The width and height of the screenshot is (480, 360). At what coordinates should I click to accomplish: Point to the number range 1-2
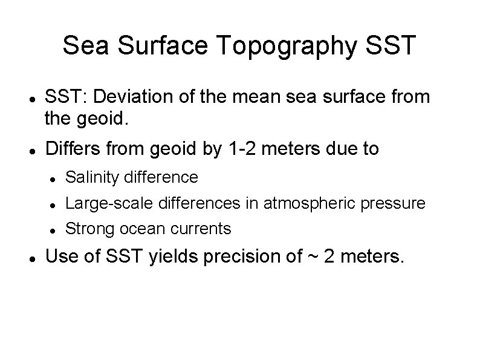pos(238,148)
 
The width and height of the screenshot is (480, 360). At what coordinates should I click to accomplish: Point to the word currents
pos(201,229)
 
